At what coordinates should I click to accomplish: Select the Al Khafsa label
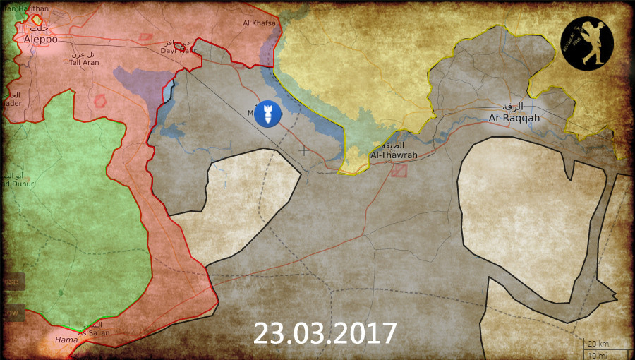(258, 23)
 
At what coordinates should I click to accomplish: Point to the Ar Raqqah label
(513, 118)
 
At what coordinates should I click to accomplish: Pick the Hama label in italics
(66, 340)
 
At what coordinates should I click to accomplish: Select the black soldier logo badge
(587, 44)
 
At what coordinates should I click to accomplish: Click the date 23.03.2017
(325, 332)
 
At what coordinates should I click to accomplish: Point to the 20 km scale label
(599, 343)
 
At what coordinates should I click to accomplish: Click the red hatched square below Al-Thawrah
(399, 170)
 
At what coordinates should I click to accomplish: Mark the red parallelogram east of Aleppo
(146, 37)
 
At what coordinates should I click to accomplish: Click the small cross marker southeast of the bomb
(303, 150)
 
